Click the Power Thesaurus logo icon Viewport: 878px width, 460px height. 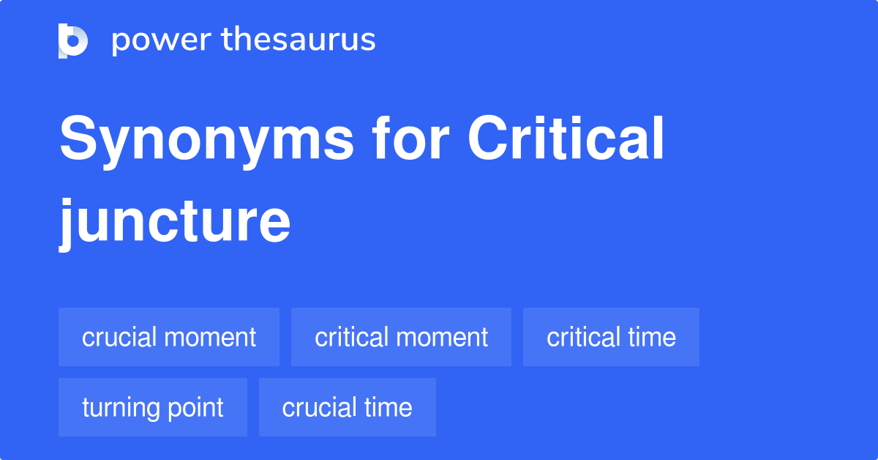[73, 40]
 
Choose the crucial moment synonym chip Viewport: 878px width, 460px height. [169, 337]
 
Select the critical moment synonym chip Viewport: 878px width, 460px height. [401, 337]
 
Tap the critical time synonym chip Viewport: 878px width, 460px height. [611, 337]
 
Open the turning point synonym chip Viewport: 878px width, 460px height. [153, 407]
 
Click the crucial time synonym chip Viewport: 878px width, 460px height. [348, 407]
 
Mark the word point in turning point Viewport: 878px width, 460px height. [195, 408]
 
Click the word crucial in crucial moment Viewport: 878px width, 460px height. [119, 337]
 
